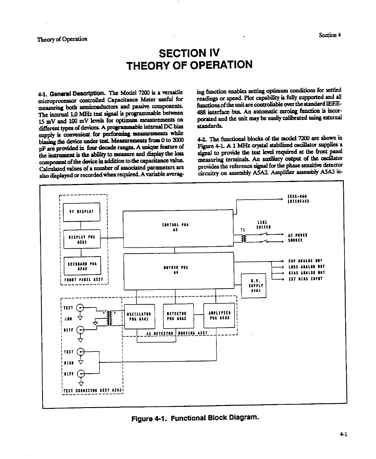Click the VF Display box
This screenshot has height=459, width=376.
pos(82,212)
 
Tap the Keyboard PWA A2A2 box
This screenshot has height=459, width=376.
pos(82,266)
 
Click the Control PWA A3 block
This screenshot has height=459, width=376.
pos(178,228)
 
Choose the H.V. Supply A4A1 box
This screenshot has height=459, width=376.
pos(254,285)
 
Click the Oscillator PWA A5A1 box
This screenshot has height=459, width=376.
pos(139,316)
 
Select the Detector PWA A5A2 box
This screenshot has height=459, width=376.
pos(178,316)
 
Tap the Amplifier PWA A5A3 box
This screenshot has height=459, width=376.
pos(219,315)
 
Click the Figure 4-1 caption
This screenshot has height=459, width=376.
pos(194,418)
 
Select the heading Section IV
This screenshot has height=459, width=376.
pos(190,53)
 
